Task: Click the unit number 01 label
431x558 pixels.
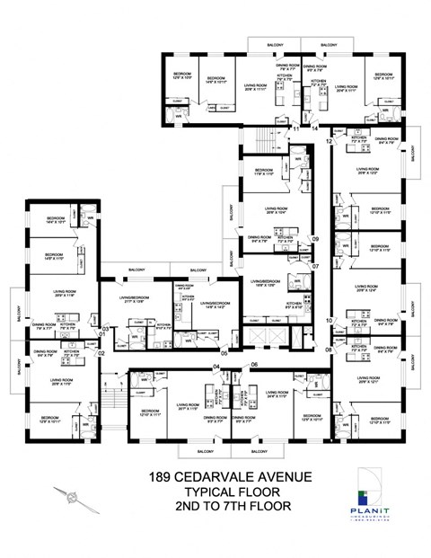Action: click(103, 334)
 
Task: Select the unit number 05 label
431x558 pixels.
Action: click(224, 353)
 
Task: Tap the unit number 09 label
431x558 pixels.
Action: click(315, 238)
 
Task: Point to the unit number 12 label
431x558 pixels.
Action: click(329, 142)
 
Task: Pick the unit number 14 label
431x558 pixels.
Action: click(315, 128)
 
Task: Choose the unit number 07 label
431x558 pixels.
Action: click(315, 267)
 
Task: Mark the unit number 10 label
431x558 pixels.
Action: click(329, 320)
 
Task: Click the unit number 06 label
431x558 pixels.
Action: click(254, 364)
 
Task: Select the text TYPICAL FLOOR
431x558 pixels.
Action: click(215, 492)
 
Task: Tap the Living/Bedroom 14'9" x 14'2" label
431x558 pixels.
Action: click(212, 306)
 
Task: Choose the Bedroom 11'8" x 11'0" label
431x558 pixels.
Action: click(263, 172)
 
